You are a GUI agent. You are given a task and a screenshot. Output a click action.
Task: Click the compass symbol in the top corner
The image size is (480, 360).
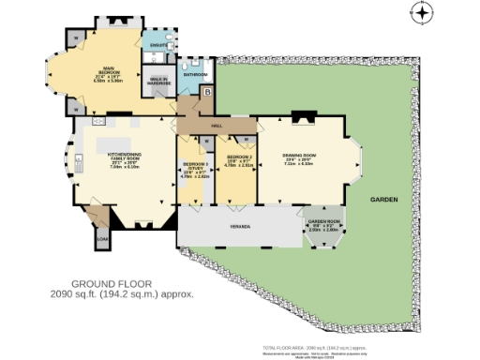coord(424,13)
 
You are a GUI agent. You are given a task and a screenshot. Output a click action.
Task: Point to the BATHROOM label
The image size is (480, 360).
coord(195,73)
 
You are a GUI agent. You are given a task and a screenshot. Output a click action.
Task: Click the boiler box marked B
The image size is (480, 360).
coord(208,92)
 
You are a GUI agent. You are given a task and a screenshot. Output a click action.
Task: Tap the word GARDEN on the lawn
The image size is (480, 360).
coord(383,201)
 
